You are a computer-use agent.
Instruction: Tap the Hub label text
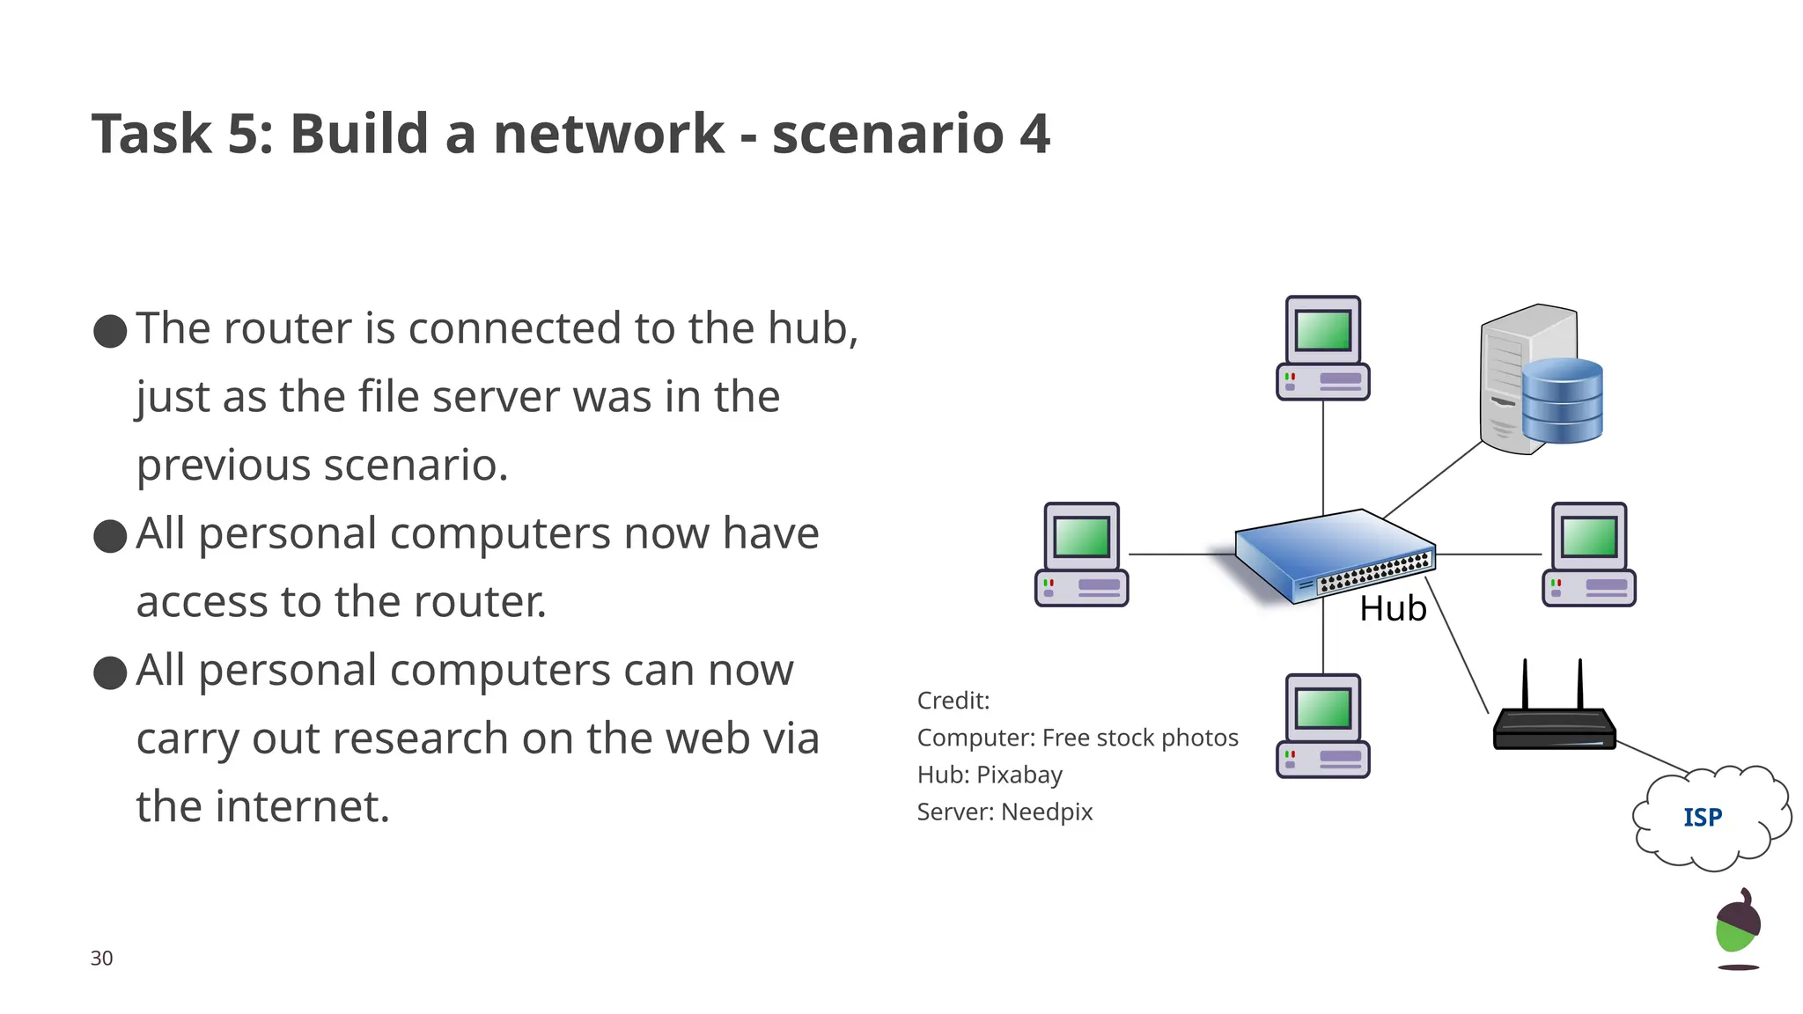point(1392,609)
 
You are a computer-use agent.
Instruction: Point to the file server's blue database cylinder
point(1562,400)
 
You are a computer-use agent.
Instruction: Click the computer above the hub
point(1322,349)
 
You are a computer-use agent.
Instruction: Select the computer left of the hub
point(1081,555)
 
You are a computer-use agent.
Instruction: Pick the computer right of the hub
point(1588,555)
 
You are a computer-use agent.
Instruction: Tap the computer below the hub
point(1322,726)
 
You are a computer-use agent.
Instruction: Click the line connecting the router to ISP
point(1652,757)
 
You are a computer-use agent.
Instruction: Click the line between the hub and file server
point(1433,480)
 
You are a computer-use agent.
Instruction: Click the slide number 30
point(101,959)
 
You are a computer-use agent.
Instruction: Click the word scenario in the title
point(887,135)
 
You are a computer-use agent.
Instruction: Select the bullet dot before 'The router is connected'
point(110,331)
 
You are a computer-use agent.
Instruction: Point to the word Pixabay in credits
point(1019,775)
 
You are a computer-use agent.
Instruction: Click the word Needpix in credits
point(1047,812)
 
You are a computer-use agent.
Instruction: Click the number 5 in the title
point(242,135)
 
